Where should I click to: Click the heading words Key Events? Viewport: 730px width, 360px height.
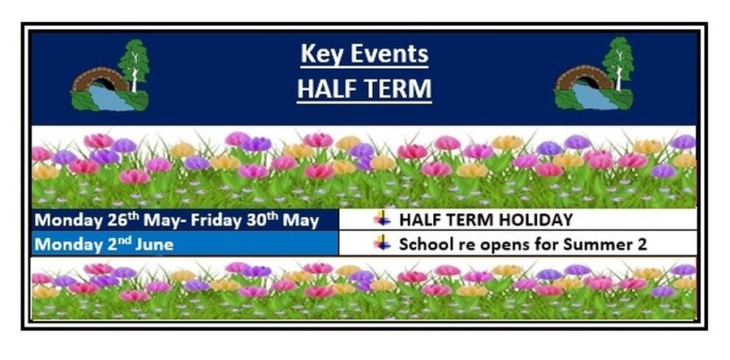[364, 54]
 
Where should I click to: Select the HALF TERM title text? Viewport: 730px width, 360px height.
[364, 88]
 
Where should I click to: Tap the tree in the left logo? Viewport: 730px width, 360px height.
[134, 65]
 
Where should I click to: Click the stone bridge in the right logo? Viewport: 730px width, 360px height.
[583, 78]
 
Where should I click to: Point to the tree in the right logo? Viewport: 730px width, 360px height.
[618, 62]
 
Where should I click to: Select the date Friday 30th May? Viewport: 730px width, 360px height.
[255, 220]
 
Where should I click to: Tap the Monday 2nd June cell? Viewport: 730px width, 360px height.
[185, 244]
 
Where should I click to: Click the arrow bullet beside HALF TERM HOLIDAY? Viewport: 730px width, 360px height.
[383, 219]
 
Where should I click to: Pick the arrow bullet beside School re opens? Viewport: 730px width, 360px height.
[383, 242]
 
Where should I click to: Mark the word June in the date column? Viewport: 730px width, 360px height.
[154, 245]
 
